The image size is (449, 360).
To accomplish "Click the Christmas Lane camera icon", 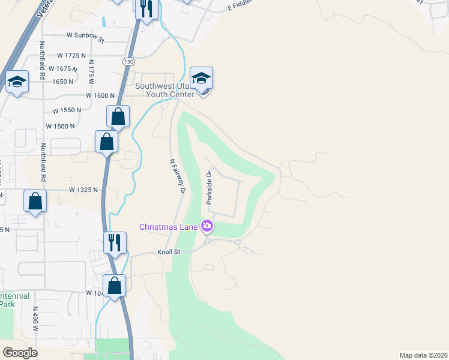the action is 207,226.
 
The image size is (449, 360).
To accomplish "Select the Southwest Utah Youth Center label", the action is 164,90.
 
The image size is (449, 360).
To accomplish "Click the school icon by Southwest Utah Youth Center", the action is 201,78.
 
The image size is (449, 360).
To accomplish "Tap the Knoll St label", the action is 169,253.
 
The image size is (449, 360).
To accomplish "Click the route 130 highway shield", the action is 128,62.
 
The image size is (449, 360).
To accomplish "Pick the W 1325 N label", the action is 83,190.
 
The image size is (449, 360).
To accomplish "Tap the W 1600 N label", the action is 100,95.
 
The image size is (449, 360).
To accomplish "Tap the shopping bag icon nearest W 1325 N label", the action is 35,202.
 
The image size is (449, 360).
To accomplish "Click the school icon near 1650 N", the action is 17,82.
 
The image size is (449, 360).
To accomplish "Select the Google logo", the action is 20,353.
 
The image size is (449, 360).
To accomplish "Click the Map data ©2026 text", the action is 423,355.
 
